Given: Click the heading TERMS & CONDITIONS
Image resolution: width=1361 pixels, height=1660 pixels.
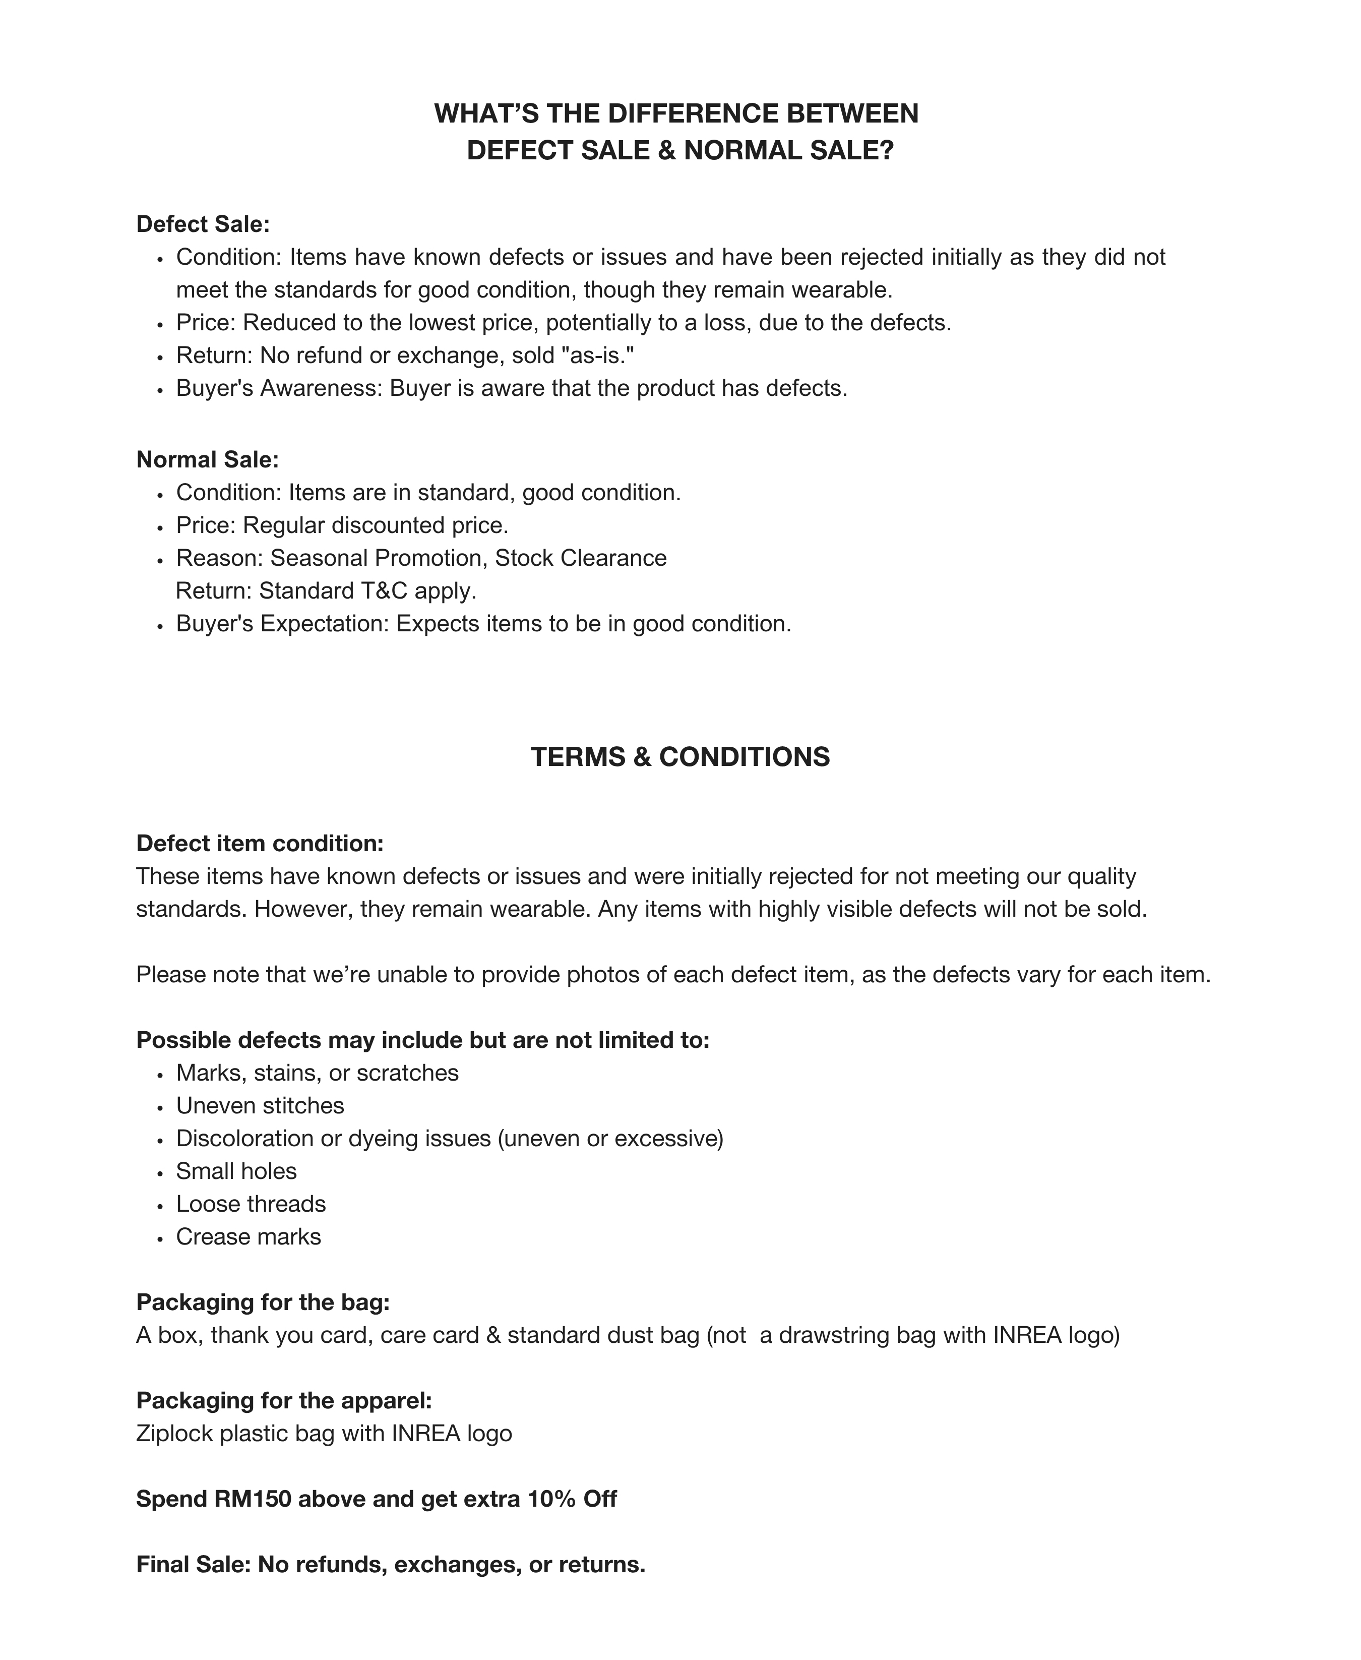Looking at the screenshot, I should (679, 757).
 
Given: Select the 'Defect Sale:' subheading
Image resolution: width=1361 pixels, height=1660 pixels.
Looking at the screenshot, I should (203, 224).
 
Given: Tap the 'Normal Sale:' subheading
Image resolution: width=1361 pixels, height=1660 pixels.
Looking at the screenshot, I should (208, 459).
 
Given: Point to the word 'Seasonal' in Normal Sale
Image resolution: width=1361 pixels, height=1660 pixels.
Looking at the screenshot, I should (319, 558).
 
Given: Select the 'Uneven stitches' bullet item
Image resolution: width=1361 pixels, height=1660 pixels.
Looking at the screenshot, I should (260, 1106).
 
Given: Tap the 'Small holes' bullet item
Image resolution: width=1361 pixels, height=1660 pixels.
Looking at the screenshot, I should (236, 1171).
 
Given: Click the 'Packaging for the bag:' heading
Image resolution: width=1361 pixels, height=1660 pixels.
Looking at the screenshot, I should (263, 1302).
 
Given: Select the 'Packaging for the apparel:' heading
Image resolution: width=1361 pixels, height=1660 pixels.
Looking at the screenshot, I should (284, 1400).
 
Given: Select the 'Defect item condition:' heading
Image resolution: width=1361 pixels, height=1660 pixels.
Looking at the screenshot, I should (260, 844).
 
